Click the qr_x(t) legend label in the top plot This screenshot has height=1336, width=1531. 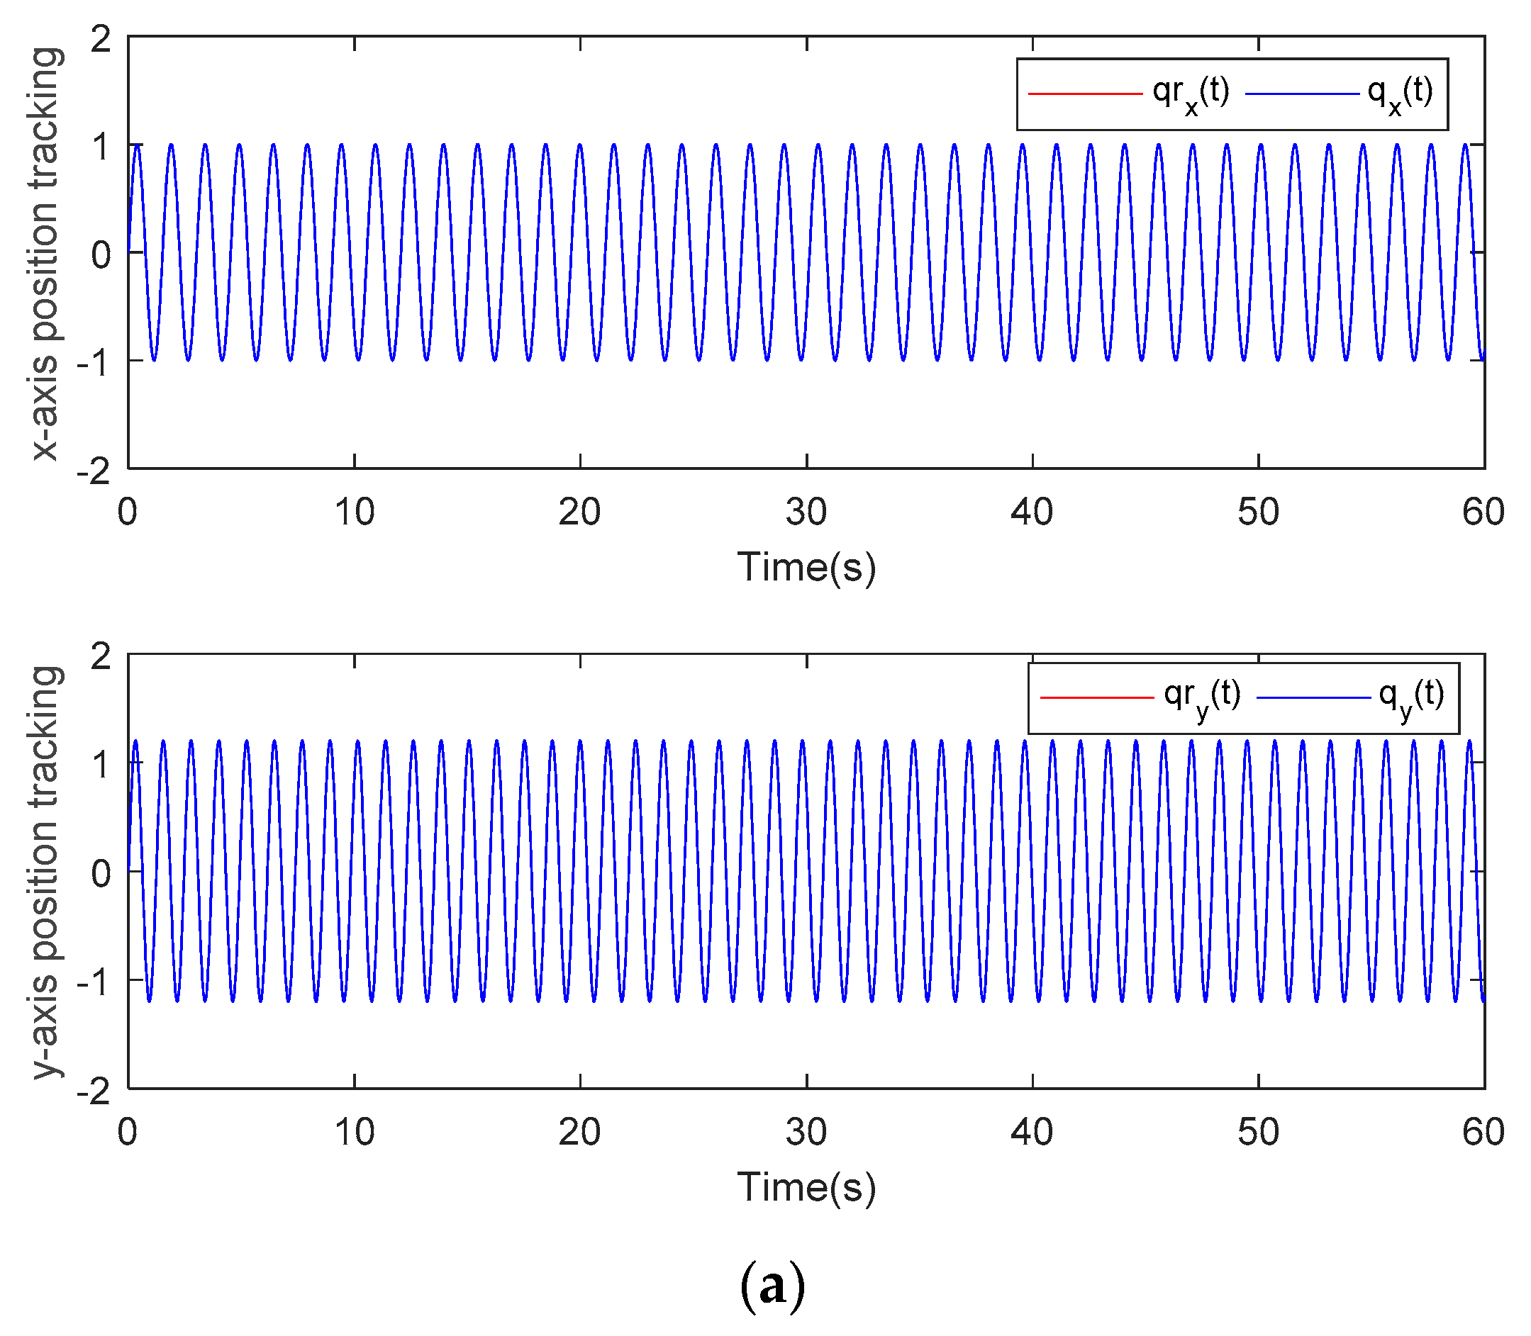1190,95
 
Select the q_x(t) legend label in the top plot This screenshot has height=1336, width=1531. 1400,95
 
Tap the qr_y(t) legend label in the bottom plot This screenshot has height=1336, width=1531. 1202,699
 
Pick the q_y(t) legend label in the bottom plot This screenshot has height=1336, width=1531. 1411,699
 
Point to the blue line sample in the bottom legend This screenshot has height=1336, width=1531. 1313,698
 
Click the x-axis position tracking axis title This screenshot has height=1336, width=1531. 45,254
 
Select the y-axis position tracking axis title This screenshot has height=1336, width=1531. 45,872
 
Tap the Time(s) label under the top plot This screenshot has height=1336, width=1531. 806,567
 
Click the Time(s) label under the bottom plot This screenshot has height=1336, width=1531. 806,1187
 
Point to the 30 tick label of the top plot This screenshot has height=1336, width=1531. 806,512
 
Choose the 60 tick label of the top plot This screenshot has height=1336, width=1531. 1483,512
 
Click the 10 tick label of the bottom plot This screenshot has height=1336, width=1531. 355,1133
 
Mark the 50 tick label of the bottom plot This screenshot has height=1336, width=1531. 1258,1133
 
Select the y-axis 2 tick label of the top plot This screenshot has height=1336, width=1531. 101,39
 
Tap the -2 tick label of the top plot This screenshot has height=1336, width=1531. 93,471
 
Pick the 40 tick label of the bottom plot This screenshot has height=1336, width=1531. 1032,1133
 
